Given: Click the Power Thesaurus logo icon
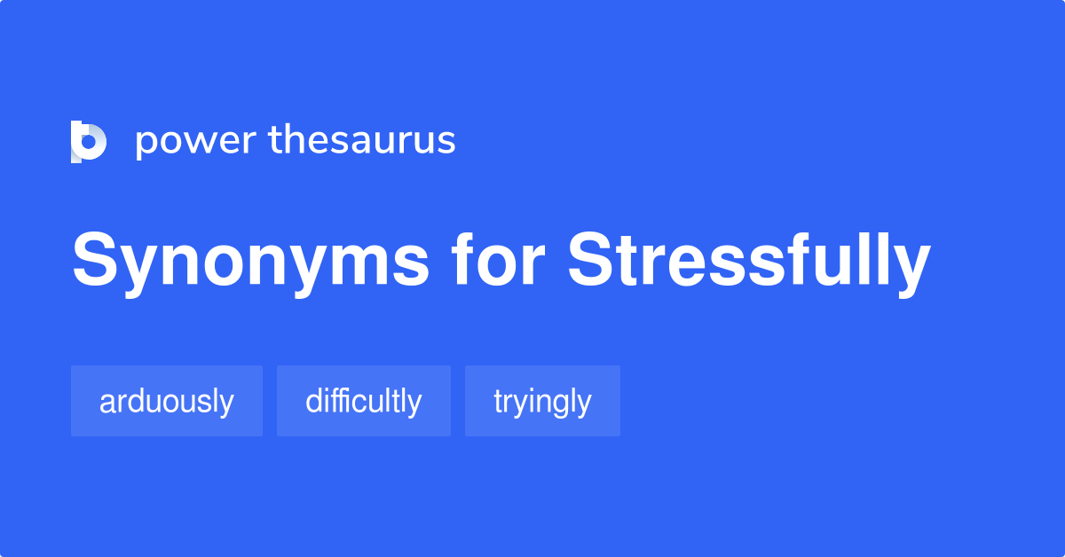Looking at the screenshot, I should coord(88,141).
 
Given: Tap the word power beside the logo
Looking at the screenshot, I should coord(193,142).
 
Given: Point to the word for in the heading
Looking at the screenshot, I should coord(499,263).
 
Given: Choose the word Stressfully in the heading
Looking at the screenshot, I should coord(749,263).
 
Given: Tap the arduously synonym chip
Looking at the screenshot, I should coord(167,401).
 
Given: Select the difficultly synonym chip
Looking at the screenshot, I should coord(364,401).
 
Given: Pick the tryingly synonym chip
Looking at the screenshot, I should coord(542,401).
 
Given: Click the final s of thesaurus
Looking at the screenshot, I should coord(447,143).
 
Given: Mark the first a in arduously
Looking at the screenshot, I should coord(106,404).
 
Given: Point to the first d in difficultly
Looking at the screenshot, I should coord(313,402).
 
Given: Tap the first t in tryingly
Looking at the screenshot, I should coord(499,402).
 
